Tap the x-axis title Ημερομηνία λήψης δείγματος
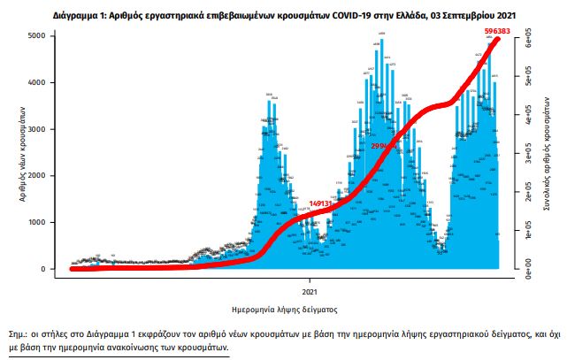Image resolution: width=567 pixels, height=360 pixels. pyautogui.click(x=283, y=310)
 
